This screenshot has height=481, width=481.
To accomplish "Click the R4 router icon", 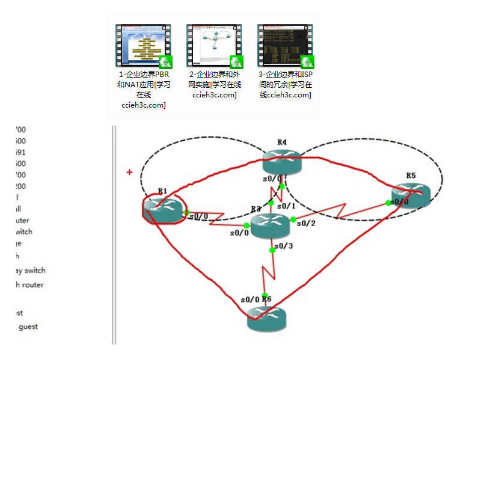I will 281,159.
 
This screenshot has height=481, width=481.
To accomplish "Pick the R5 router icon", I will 411,194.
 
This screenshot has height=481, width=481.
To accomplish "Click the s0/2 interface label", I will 306,224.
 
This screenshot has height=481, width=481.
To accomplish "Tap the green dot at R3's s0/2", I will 293,219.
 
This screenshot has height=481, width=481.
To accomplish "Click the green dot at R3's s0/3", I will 272,250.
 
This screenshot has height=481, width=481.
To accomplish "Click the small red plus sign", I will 129,173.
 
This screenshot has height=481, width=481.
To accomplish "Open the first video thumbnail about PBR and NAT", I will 143,46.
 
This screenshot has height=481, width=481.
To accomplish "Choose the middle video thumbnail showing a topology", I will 214,46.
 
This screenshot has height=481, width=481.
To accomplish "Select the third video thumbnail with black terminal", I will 285,46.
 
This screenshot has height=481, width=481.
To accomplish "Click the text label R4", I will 281,142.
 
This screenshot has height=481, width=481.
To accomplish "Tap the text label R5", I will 411,176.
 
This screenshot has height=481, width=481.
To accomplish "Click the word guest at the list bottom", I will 28,326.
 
